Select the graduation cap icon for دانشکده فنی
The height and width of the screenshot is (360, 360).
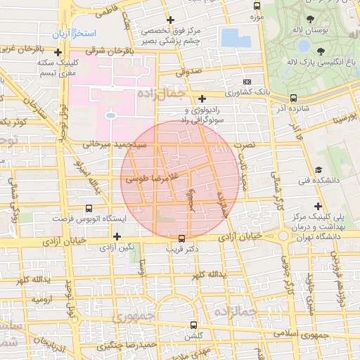click(319, 170)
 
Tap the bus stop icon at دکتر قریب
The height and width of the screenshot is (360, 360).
click(182, 238)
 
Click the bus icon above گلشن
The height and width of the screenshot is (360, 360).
click(194, 325)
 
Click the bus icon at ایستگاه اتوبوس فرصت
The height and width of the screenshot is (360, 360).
click(88, 209)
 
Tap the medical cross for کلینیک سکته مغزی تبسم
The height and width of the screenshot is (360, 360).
click(58, 52)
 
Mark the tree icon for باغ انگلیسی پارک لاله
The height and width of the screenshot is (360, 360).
click(321, 51)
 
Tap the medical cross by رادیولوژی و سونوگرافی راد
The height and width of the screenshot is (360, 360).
click(202, 98)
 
